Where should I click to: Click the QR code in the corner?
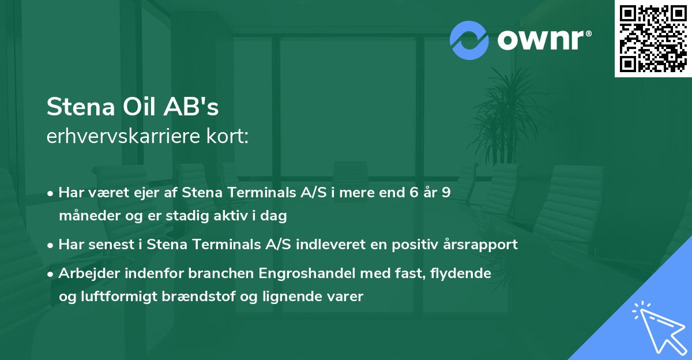653,39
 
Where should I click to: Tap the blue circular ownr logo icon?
469,40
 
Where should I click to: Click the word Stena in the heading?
80,107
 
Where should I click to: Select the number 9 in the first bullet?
446,193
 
